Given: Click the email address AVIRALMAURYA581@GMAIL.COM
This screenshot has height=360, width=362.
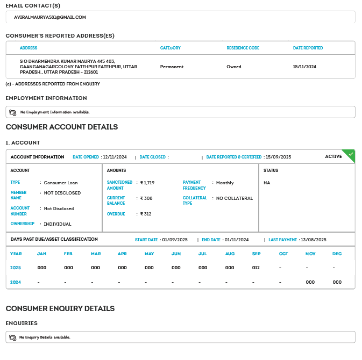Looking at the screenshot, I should tap(50, 17).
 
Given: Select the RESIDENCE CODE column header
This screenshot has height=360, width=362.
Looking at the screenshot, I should tap(243, 48).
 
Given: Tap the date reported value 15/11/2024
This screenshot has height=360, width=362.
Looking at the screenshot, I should tap(304, 67).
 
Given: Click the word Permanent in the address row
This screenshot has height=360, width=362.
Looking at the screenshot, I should tap(172, 67).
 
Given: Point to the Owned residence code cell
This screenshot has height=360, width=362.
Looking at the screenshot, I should tap(234, 67).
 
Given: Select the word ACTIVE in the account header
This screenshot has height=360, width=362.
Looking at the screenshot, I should tap(333, 156).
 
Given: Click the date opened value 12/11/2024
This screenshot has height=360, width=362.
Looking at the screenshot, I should tap(115, 157).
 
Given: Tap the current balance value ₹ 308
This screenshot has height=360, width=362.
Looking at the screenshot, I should tap(146, 198).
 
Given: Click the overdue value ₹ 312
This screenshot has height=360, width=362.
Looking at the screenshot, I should tap(146, 214).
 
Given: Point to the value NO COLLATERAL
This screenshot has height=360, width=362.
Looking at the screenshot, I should tap(235, 198).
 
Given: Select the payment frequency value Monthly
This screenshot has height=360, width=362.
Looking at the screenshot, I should tap(225, 183).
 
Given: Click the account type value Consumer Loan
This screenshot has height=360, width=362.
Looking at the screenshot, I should tap(61, 183).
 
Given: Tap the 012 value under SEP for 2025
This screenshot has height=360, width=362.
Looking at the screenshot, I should tap(257, 267).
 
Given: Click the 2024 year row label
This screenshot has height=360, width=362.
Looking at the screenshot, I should tap(16, 282).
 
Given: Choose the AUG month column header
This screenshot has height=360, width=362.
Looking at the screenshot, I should tap(230, 254).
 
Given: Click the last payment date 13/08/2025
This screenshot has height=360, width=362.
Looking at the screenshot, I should tap(314, 240).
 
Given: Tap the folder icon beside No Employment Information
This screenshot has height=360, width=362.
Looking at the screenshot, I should tap(13, 112).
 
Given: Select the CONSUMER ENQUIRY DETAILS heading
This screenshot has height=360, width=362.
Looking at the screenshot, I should tap(60, 308).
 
